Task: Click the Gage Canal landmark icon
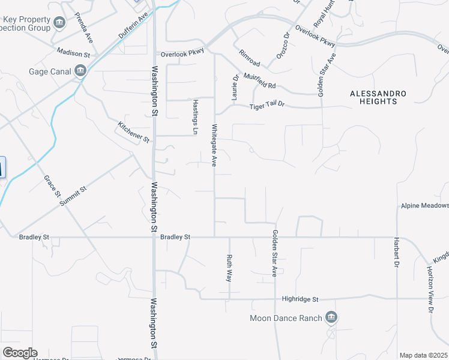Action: tap(80, 72)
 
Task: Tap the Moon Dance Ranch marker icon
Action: tap(331, 317)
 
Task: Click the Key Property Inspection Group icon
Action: tap(59, 23)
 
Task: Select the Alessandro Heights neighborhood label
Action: tap(378, 97)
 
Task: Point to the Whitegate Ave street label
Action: tap(214, 145)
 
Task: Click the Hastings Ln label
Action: tap(195, 116)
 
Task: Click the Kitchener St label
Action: tap(133, 132)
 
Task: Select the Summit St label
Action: tap(73, 196)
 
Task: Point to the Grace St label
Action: tap(53, 186)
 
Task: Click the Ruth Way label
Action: tap(229, 268)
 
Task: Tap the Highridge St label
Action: tap(300, 299)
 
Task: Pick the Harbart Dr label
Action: tap(396, 256)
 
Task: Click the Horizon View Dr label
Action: tap(430, 290)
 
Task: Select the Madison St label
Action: tap(73, 54)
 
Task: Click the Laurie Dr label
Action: tap(235, 86)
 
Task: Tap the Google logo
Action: tap(20, 353)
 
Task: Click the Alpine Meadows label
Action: tap(424, 205)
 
